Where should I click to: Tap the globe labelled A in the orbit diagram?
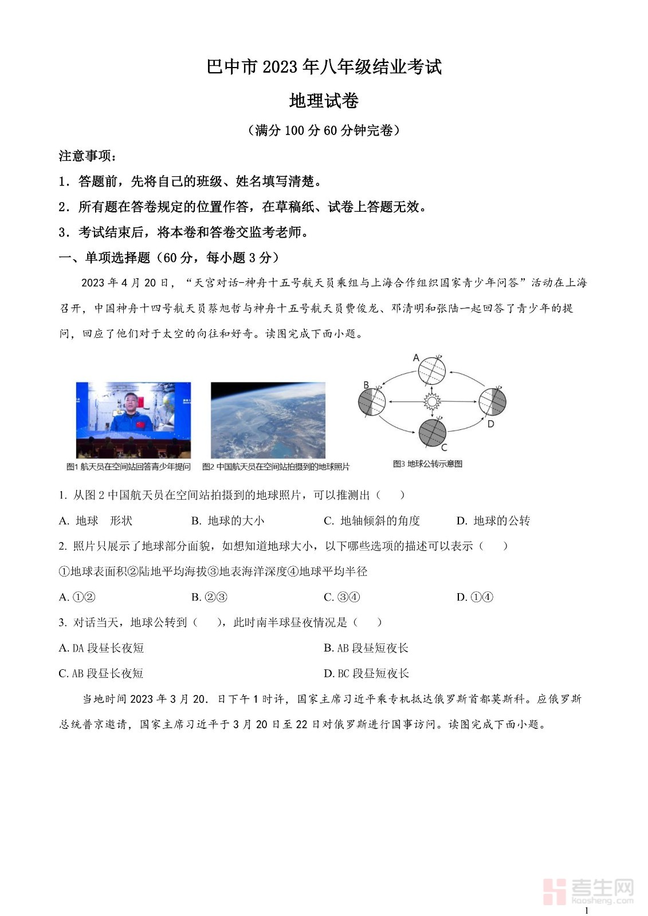(431, 370)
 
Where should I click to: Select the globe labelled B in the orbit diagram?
(372, 402)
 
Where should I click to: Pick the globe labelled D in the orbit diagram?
(492, 402)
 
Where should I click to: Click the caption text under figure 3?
(427, 464)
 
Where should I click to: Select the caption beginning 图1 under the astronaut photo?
(128, 467)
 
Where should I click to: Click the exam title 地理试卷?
(324, 101)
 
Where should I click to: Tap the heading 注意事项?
(87, 156)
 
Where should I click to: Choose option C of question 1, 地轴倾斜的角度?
(372, 520)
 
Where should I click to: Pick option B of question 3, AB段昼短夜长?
(366, 648)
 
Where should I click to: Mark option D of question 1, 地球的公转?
(493, 520)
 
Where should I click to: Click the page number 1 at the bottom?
(586, 910)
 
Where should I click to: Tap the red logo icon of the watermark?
(554, 891)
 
